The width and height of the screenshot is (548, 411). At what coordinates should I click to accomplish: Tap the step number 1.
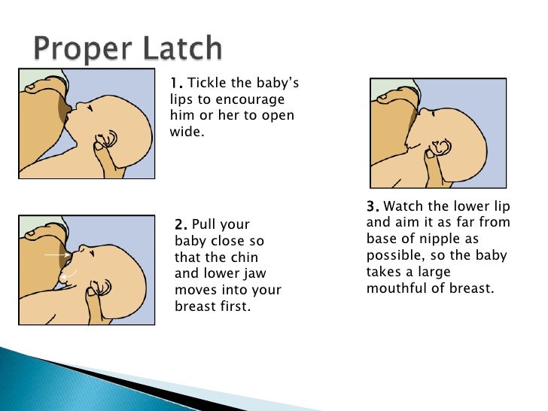[175, 83]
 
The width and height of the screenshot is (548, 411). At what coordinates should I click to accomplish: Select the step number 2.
[181, 224]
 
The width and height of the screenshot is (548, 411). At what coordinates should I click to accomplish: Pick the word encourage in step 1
[259, 99]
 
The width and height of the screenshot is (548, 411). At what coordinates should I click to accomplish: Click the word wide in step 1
[189, 132]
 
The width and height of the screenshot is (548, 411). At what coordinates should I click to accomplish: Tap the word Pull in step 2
[206, 224]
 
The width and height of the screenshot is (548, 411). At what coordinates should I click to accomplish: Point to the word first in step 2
[231, 307]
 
